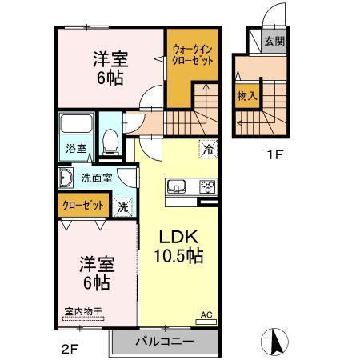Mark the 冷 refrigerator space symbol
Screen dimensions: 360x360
207,148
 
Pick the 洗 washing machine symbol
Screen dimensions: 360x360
122,206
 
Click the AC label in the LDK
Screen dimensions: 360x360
206,314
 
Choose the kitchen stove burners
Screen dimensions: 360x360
207,187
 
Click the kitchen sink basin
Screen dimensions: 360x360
176,188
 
